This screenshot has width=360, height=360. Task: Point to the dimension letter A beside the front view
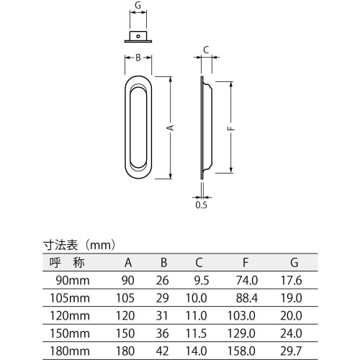pos(170,127)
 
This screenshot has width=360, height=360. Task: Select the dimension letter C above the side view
pos(205,50)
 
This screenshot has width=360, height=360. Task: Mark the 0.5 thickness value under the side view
pos(202,204)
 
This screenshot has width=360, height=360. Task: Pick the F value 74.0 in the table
pos(248,281)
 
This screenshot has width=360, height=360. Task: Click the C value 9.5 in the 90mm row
pos(202,281)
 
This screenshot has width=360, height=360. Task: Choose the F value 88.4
pos(248,298)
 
